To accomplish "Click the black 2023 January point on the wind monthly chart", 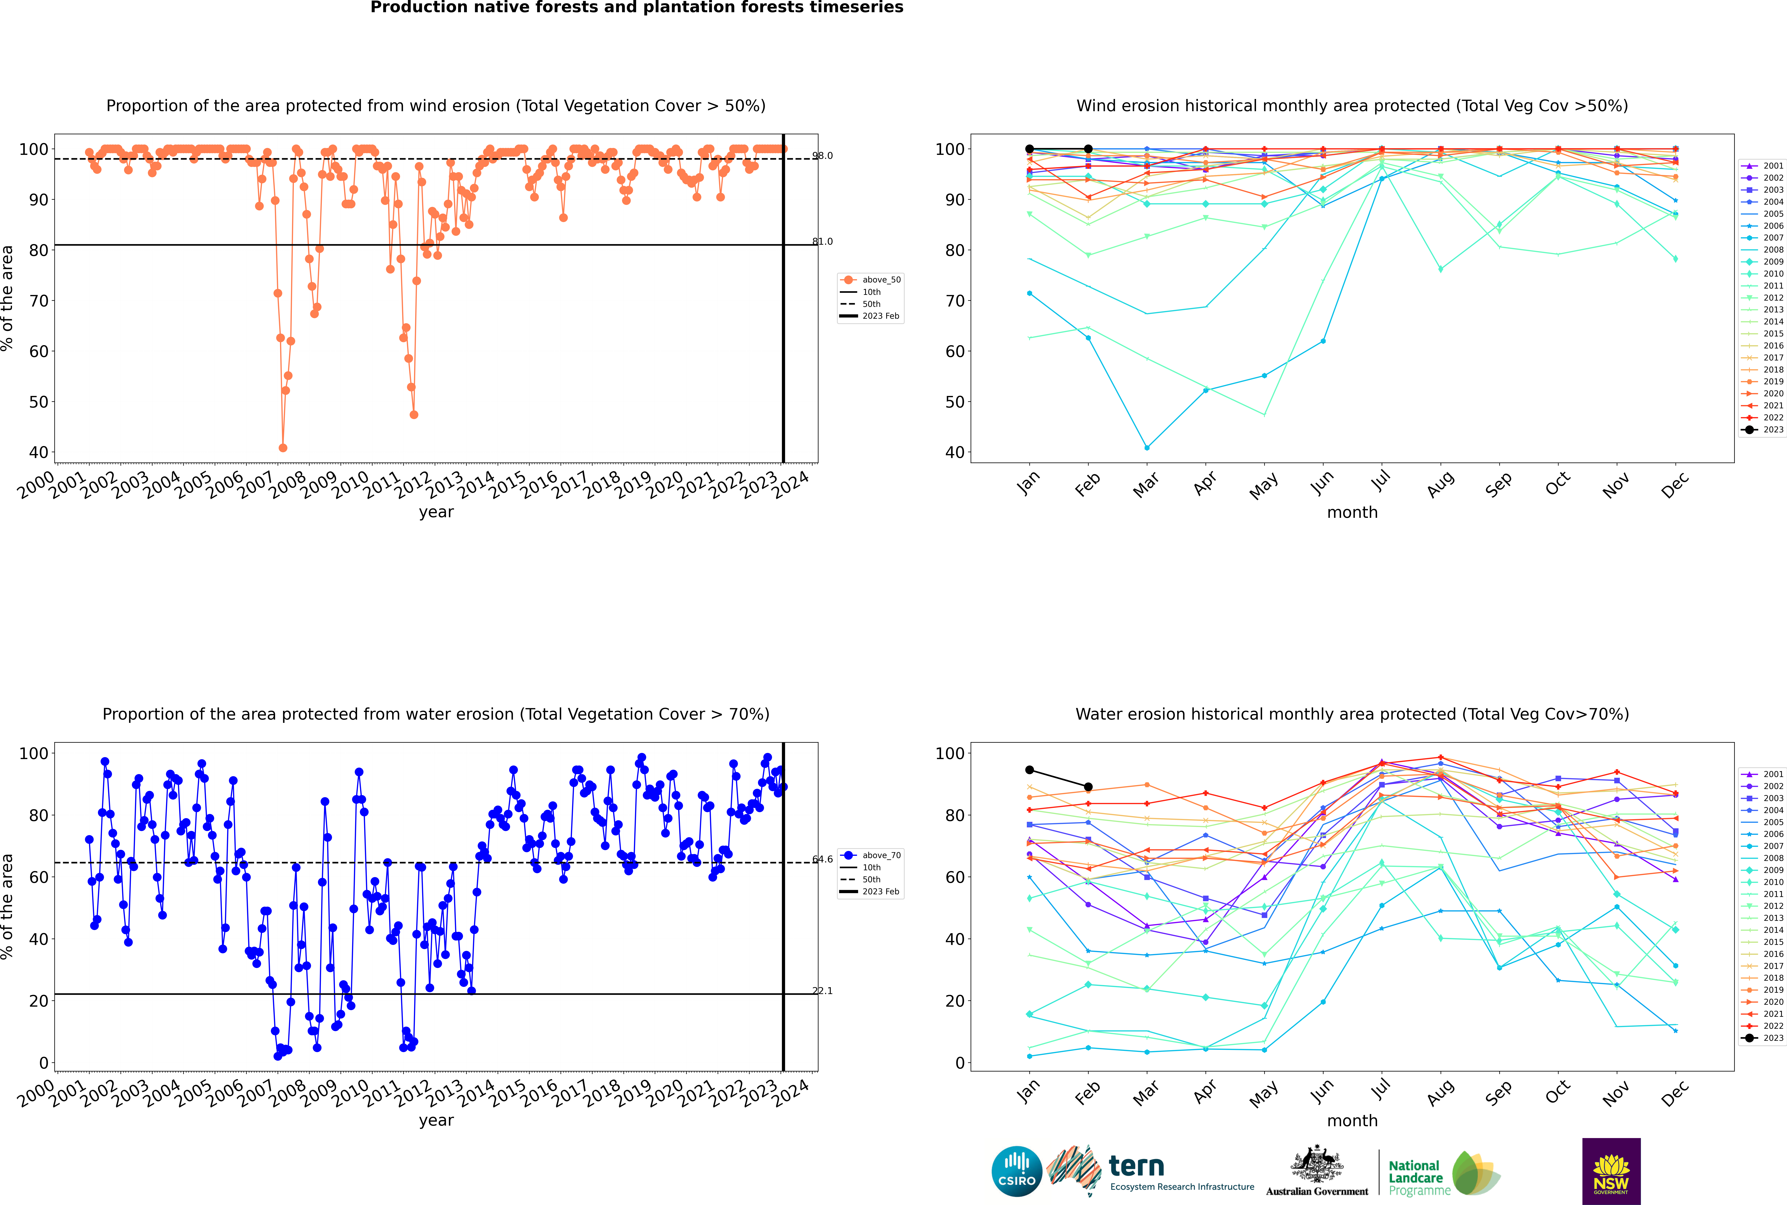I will [1030, 149].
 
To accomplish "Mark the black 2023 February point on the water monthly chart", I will [1088, 787].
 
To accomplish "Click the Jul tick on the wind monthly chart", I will [1381, 482].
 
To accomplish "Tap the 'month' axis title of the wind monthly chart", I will [1352, 513].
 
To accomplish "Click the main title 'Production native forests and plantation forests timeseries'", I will [637, 8].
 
